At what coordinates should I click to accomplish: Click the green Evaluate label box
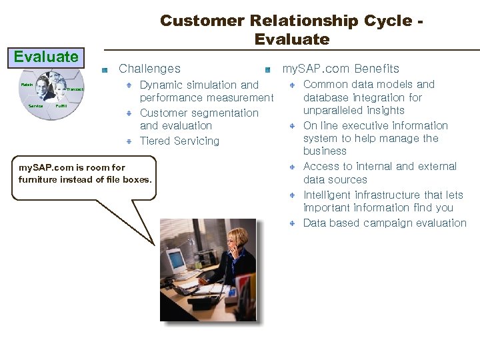point(46,57)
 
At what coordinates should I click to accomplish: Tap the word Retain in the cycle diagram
point(27,85)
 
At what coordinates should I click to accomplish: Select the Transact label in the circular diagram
point(75,89)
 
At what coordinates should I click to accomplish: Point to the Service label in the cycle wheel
point(35,106)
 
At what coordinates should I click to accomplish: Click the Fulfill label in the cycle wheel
point(61,106)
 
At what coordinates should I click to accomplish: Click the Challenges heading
point(149,69)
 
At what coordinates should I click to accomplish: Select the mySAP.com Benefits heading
point(341,69)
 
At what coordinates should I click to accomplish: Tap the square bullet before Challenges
point(105,70)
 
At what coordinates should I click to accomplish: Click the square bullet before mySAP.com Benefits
point(267,70)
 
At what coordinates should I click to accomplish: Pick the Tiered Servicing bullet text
point(179,141)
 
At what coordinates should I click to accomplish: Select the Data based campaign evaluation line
point(385,223)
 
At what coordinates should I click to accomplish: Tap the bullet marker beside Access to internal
point(293,167)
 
